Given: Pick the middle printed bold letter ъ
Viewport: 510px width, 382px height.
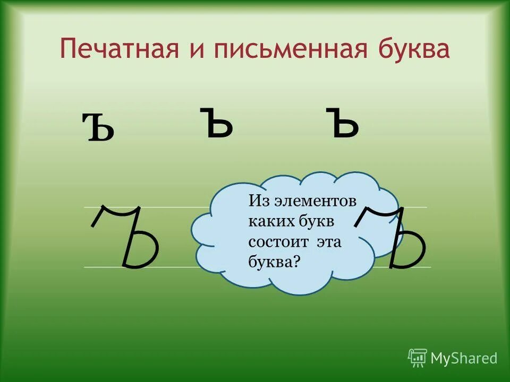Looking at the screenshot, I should [217, 123].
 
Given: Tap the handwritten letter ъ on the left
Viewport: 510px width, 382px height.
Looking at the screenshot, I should [127, 237].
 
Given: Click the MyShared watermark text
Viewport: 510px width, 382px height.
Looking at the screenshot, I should [464, 358].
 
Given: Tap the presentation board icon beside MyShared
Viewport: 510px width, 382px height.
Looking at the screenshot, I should [417, 358].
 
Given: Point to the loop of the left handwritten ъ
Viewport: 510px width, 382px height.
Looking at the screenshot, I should [143, 251].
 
